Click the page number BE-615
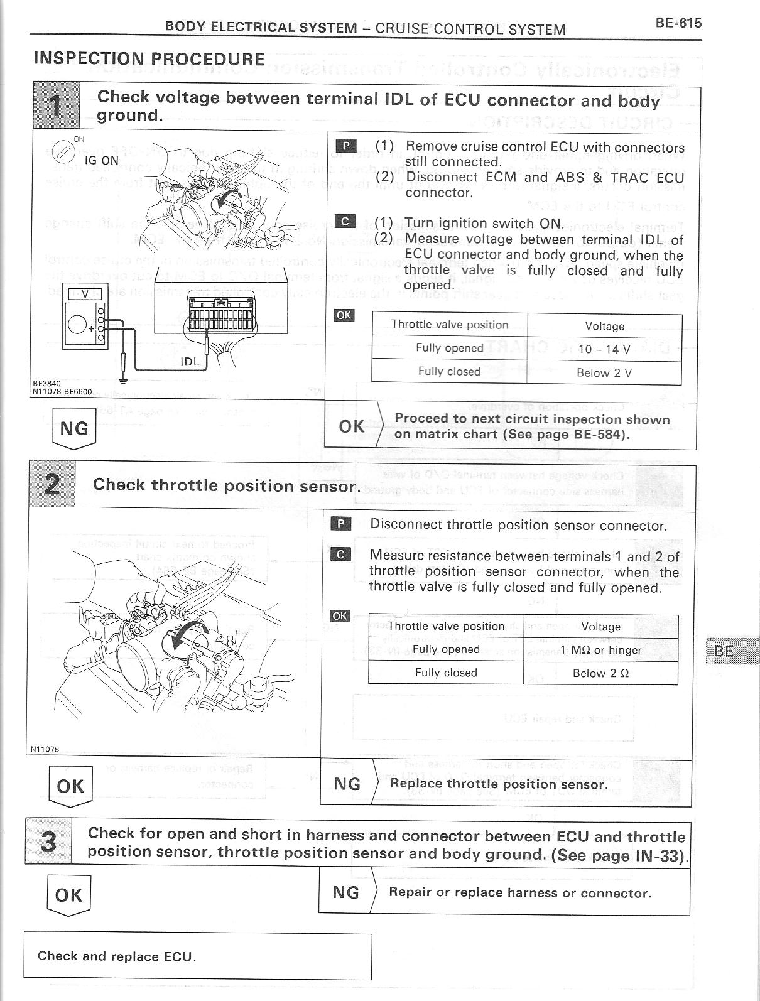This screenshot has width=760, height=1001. coord(678,23)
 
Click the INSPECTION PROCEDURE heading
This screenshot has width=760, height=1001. coord(149,59)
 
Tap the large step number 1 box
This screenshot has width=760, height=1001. coord(56,106)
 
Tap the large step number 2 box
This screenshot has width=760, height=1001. coord(52,484)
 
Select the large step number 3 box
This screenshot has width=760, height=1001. coord(48,841)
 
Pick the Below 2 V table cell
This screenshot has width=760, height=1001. coord(604,372)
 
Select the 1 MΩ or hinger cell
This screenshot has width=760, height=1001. coord(600,650)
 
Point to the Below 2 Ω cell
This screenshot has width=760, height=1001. coord(600,673)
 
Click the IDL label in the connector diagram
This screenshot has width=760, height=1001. coord(190,362)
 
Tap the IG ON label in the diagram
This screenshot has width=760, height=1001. coord(101,160)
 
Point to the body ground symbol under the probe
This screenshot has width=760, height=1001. coord(124,378)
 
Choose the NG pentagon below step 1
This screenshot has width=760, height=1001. coord(74,428)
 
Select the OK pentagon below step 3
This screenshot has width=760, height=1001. coord(68,895)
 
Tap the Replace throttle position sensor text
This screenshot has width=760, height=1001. coord(499,784)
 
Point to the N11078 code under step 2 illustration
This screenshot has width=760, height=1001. coord(45,749)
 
